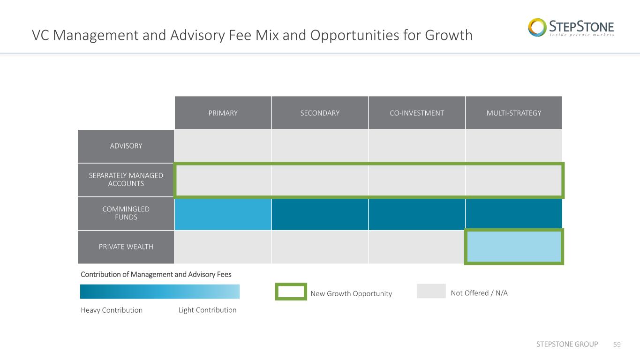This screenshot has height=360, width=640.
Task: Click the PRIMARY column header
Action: (223, 113)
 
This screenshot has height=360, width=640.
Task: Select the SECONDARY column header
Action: (320, 113)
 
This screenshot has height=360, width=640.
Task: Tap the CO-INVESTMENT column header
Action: (417, 113)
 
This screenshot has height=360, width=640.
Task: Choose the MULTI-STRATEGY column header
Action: (514, 113)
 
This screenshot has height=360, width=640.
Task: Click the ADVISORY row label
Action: (126, 146)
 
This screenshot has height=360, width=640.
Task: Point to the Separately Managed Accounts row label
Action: (126, 180)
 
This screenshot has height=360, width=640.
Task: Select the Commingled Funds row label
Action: (126, 213)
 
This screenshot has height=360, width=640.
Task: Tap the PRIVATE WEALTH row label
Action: (126, 247)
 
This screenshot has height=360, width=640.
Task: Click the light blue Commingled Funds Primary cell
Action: (223, 214)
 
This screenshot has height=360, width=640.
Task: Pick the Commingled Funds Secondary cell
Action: (320, 214)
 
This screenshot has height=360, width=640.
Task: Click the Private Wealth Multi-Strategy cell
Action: (514, 247)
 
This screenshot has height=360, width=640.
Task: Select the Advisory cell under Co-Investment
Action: (417, 146)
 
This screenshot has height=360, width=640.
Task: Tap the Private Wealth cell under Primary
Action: (223, 247)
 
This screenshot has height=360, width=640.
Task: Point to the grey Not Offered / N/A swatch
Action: (431, 291)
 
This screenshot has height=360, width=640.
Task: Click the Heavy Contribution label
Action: (112, 310)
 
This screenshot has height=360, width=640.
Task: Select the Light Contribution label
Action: (207, 310)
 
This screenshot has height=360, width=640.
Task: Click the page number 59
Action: (617, 345)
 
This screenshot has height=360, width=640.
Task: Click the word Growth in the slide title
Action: (449, 36)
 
